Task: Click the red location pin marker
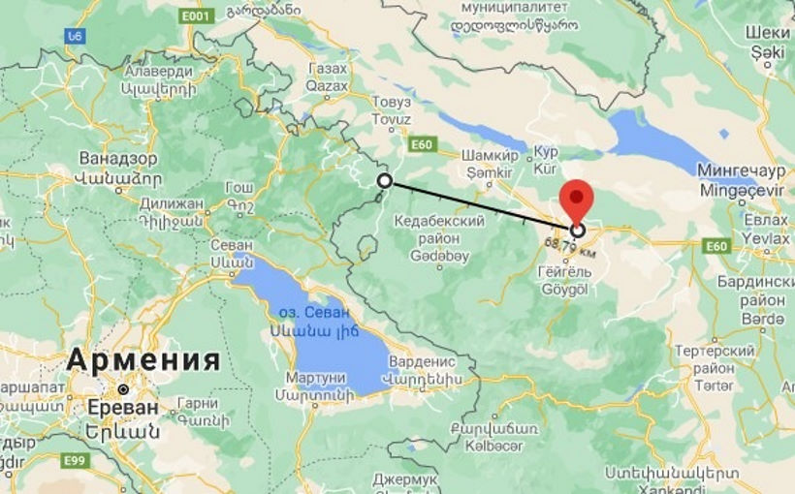578,198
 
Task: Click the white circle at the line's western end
385,181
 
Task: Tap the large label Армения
143,360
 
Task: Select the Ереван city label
121,407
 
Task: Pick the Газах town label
327,69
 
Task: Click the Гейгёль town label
565,273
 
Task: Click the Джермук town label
405,479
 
